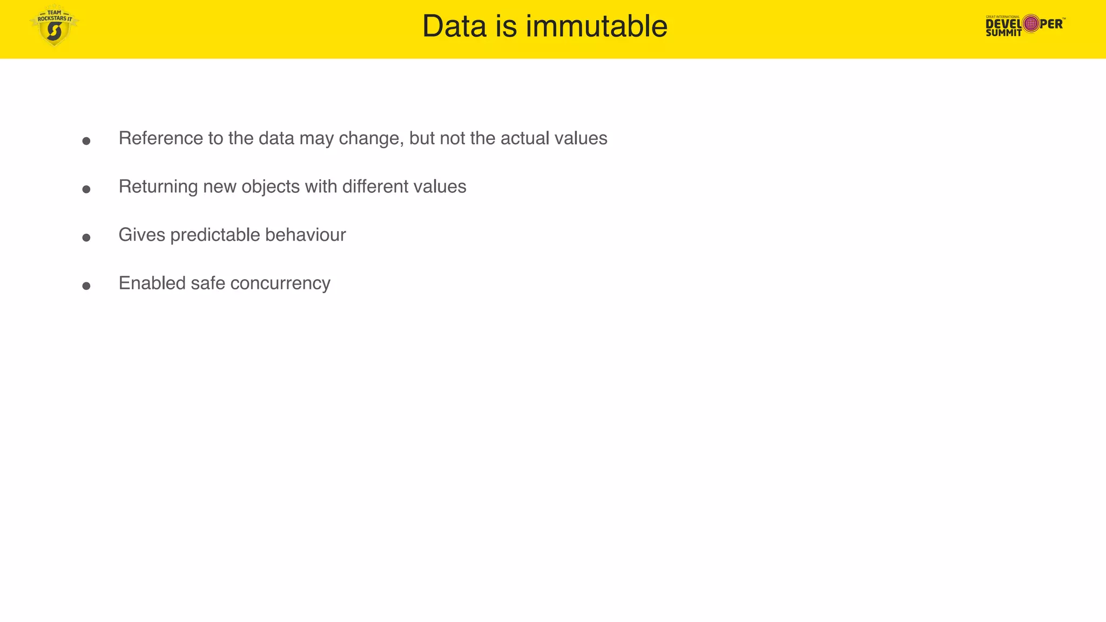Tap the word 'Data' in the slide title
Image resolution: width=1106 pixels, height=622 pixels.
454,26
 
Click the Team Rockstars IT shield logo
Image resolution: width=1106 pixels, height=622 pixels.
54,26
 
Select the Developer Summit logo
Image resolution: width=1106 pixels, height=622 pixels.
1024,25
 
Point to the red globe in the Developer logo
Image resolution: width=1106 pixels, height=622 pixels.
1031,23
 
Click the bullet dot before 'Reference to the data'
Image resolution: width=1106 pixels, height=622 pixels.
86,141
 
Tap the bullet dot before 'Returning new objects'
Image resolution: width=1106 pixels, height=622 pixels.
86,189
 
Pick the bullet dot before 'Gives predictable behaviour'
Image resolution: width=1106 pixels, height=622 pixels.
86,238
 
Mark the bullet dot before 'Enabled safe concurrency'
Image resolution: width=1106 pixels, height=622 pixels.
86,286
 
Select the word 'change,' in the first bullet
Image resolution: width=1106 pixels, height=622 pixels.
371,138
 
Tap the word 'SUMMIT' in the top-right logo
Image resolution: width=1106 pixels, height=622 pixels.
1003,33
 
